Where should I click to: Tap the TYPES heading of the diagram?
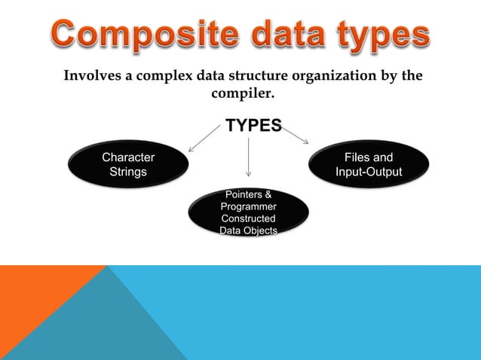coord(254,125)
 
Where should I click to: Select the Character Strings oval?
coord(128,165)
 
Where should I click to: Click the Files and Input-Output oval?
coord(369,165)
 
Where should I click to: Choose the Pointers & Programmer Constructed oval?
coord(248,212)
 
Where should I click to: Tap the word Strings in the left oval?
coord(128,172)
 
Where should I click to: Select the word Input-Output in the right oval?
coord(369,172)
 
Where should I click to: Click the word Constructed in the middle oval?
coord(248,218)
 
